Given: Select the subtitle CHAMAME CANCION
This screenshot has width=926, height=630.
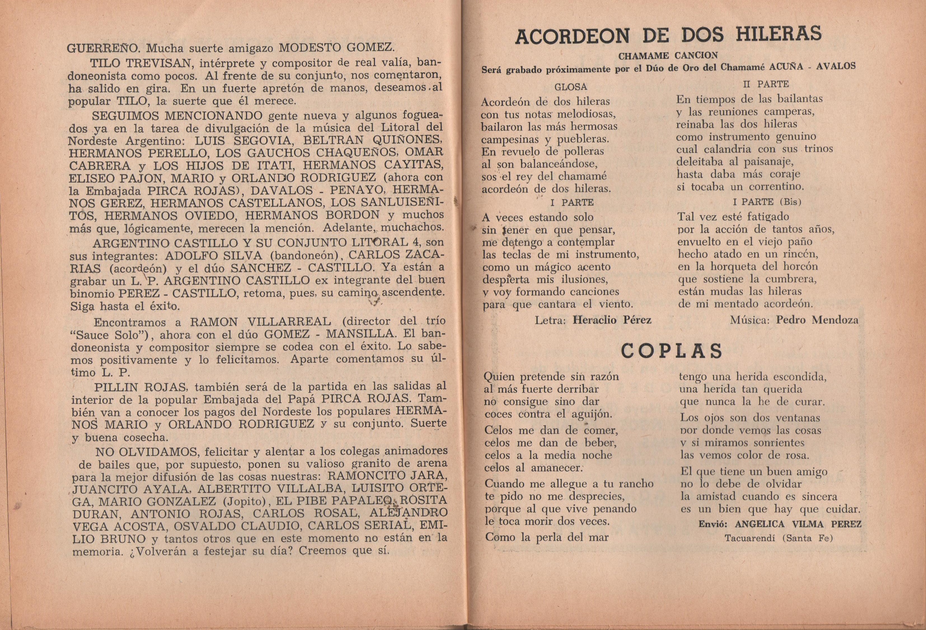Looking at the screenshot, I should [667, 55].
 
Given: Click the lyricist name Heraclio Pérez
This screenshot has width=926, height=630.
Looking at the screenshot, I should [612, 320].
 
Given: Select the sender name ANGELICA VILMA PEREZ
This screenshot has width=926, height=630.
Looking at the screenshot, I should [793, 524].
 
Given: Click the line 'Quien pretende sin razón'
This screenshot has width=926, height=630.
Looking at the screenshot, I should [552, 376].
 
